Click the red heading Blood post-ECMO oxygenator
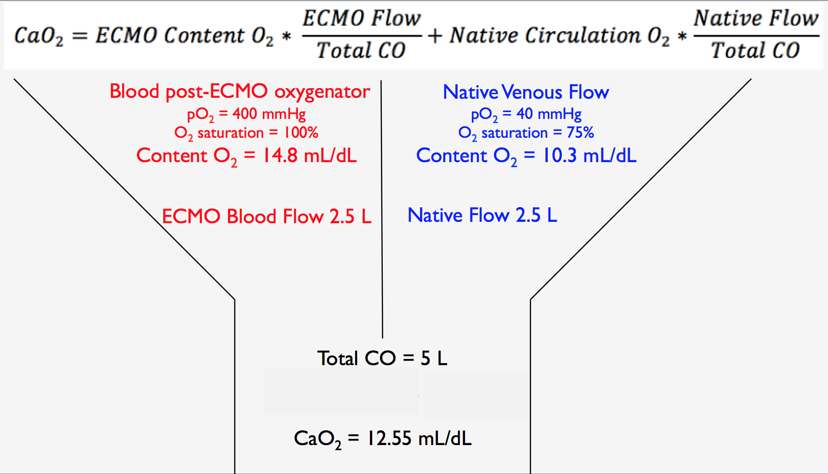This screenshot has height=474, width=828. (239, 92)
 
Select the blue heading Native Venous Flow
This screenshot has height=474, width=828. (526, 92)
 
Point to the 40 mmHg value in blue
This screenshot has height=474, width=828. (549, 113)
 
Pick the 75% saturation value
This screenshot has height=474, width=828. (580, 133)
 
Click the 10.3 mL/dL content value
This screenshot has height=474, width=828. (590, 156)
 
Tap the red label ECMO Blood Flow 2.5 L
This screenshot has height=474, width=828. (267, 216)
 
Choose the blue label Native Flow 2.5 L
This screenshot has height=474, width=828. (482, 215)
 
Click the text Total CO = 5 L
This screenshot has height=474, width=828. (382, 358)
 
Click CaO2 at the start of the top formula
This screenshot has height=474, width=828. (39, 36)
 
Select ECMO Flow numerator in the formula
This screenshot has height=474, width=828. (362, 18)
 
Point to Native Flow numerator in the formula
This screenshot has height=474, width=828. (756, 18)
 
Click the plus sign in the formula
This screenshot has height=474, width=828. (435, 36)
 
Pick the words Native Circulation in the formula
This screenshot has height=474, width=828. (545, 35)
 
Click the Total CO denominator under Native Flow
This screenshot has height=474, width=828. (756, 50)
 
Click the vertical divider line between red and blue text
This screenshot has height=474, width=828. (382, 209)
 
